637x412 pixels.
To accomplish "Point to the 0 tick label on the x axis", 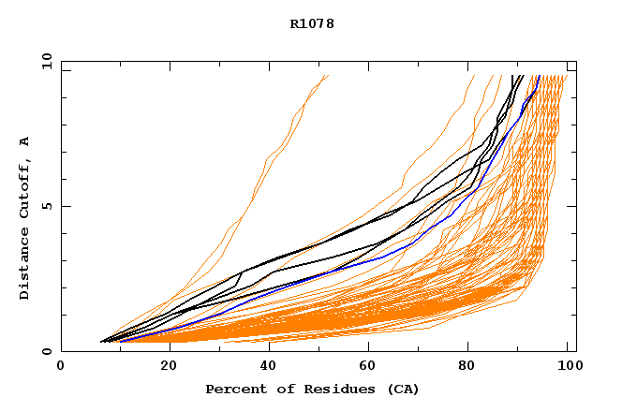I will click(x=61, y=367).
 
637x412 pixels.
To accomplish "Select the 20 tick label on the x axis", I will click(x=163, y=367).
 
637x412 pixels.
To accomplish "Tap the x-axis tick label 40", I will click(x=265, y=367).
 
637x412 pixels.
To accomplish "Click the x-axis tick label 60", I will click(x=367, y=367).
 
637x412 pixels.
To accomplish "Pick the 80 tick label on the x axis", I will click(x=469, y=367).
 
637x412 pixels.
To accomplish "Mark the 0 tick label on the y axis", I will click(x=46, y=352).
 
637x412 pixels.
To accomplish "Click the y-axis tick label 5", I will click(x=46, y=206).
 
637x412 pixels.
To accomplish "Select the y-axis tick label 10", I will click(x=46, y=61).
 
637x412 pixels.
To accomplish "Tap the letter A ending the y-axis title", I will click(x=24, y=141).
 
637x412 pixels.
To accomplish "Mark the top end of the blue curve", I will click(x=540, y=76).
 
